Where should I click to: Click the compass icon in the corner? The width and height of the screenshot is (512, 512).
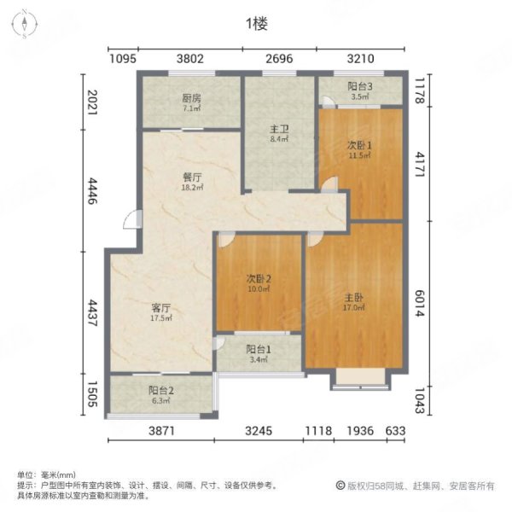coord(25,24)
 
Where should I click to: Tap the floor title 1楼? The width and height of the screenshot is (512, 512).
coord(257,24)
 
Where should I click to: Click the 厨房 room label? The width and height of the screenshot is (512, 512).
coord(192,97)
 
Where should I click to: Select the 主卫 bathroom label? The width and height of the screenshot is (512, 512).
coord(279,129)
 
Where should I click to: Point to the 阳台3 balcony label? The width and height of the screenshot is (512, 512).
coord(360,86)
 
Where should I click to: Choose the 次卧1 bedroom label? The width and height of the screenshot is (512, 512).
coord(359,145)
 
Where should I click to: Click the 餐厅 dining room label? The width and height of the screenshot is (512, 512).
coord(192,177)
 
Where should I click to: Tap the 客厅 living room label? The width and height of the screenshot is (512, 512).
coord(161,307)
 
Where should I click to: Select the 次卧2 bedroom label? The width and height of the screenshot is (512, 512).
coord(259,278)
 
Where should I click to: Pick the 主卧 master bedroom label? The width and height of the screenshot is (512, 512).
coord(354,298)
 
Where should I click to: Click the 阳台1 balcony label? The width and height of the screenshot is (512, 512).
coord(259,349)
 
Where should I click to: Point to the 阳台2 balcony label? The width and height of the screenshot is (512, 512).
coord(161,390)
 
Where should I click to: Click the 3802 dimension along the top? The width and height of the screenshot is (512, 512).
coord(190,59)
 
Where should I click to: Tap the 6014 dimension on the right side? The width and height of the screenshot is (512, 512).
coord(420,303)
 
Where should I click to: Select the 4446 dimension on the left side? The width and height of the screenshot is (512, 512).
coord(92,190)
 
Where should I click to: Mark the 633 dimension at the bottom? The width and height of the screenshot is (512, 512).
coord(395,431)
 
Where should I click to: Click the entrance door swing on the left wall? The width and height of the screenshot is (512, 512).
coord(132,219)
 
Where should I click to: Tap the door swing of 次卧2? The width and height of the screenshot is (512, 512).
coord(226,239)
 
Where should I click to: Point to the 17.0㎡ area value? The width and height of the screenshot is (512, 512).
coord(354,307)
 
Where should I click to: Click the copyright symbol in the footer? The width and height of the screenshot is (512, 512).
coord(340,486)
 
